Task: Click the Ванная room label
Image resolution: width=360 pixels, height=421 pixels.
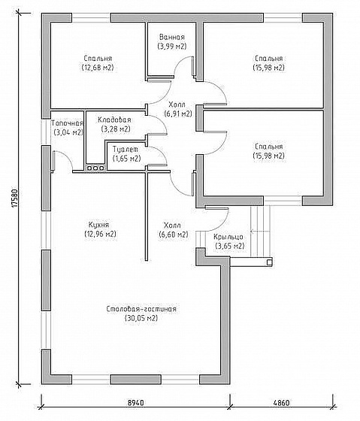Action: [x=172, y=37]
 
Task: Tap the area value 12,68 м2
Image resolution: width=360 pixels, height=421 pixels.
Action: [x=98, y=67]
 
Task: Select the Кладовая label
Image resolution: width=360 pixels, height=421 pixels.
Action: [x=114, y=120]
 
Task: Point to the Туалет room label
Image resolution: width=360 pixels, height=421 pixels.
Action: [x=126, y=149]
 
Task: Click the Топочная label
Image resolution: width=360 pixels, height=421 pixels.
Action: [x=67, y=123]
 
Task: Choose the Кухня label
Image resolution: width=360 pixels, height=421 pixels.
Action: [x=98, y=225]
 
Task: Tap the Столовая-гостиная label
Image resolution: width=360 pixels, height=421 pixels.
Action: [x=141, y=309]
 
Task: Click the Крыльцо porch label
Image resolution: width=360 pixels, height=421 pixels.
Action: [x=228, y=237]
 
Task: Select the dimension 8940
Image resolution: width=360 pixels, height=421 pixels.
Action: [x=135, y=403]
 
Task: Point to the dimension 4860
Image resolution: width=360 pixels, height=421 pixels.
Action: [x=281, y=403]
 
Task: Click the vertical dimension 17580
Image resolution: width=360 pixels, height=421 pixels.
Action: [x=15, y=198]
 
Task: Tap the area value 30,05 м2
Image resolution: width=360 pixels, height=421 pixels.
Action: [x=141, y=318]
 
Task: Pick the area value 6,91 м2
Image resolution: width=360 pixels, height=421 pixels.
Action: [x=178, y=114]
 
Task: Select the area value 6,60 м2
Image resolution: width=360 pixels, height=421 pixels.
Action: [x=174, y=235]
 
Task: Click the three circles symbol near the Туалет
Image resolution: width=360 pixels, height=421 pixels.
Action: [x=95, y=168]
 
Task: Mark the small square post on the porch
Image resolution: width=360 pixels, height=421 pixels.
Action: [x=269, y=262]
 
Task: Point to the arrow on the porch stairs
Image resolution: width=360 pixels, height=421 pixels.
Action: [x=259, y=231]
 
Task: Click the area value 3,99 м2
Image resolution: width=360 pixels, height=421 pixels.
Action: [x=172, y=46]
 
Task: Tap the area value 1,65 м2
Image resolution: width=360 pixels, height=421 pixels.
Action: [x=127, y=159]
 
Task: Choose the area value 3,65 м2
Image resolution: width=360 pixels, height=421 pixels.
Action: [x=230, y=246]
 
